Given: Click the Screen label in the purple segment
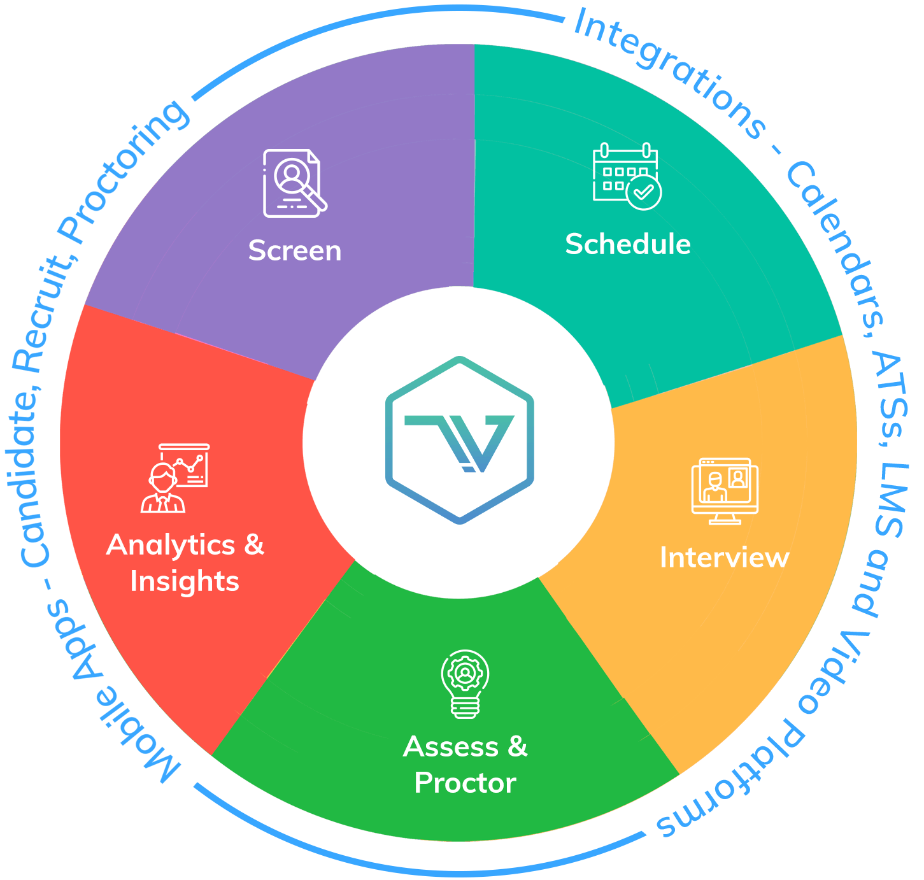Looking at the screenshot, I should [x=295, y=251].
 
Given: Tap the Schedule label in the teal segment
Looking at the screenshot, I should [x=628, y=245].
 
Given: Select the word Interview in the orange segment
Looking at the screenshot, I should [x=724, y=558].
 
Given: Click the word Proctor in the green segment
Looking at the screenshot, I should [x=465, y=783].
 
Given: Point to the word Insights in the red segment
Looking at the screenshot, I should [x=185, y=581].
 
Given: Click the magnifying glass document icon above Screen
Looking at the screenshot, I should [x=294, y=183].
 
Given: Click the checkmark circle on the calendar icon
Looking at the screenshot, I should [x=644, y=192].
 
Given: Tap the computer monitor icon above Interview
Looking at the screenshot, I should [x=725, y=490].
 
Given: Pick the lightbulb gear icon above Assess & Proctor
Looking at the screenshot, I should [x=466, y=683].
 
